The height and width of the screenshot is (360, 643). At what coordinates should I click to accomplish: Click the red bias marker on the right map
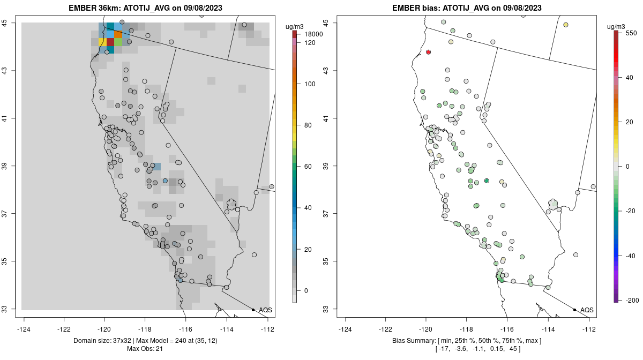click(x=429, y=52)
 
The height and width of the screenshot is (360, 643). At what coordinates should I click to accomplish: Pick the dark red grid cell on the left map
click(x=110, y=42)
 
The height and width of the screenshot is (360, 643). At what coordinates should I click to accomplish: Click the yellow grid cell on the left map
click(x=102, y=42)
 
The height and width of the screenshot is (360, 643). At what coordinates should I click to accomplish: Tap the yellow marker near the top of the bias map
click(x=566, y=25)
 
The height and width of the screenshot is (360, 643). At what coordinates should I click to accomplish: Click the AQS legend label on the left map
click(x=265, y=310)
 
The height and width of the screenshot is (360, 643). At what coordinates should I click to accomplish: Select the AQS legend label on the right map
click(x=587, y=310)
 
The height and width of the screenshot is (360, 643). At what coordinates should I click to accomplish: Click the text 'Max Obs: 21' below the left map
click(x=145, y=349)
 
